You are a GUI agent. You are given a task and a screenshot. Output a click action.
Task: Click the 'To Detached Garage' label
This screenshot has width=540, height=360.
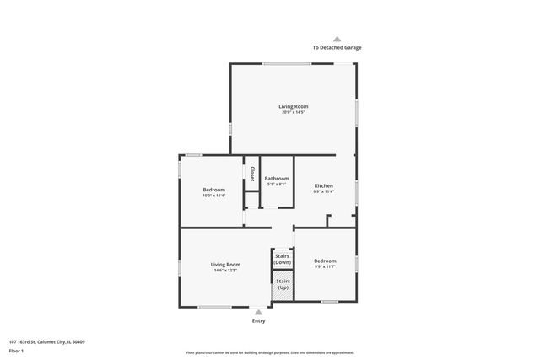pos(337,47)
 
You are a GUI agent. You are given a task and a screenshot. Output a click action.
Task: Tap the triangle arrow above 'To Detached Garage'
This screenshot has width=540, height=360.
pos(337,39)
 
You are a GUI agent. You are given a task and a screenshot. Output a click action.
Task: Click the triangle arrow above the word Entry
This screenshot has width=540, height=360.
pos(258,312)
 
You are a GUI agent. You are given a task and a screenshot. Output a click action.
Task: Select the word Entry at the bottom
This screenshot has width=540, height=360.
pos(258,321)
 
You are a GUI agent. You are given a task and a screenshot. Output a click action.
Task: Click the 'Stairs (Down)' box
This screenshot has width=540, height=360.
pos(282,260)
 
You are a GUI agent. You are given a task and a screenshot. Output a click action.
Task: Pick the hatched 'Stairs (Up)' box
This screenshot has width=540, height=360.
pos(282,285)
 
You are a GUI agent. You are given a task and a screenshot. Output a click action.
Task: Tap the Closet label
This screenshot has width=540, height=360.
pos(251,174)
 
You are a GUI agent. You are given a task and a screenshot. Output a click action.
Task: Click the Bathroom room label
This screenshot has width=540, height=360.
pos(277,179)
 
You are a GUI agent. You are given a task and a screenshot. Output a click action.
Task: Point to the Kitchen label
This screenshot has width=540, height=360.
pos(324,185)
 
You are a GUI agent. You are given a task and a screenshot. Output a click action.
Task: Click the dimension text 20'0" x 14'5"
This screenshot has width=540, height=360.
pos(294,113)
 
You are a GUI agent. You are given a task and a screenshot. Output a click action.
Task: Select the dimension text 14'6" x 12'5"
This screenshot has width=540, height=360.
pos(225,271)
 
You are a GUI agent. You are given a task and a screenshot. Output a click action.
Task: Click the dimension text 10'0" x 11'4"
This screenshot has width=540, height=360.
pos(213,196)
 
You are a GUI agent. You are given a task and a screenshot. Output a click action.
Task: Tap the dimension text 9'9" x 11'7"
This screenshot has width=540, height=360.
pos(325,267)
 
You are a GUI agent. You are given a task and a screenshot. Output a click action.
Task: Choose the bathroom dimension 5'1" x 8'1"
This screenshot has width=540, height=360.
pos(277,185)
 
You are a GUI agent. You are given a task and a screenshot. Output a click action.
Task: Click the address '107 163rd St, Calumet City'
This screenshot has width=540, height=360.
pos(46,341)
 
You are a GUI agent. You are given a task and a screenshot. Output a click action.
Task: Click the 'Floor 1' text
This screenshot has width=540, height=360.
pos(16,350)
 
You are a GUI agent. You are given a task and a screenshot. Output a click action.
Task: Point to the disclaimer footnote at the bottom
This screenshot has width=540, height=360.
pos(269,352)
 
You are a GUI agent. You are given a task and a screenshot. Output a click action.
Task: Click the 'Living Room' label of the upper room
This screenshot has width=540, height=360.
pos(294,106)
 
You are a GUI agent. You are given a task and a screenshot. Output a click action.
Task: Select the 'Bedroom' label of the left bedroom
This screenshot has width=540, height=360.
pos(213,190)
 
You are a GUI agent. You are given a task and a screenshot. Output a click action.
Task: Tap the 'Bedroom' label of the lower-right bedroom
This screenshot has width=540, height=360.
pos(325,261)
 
